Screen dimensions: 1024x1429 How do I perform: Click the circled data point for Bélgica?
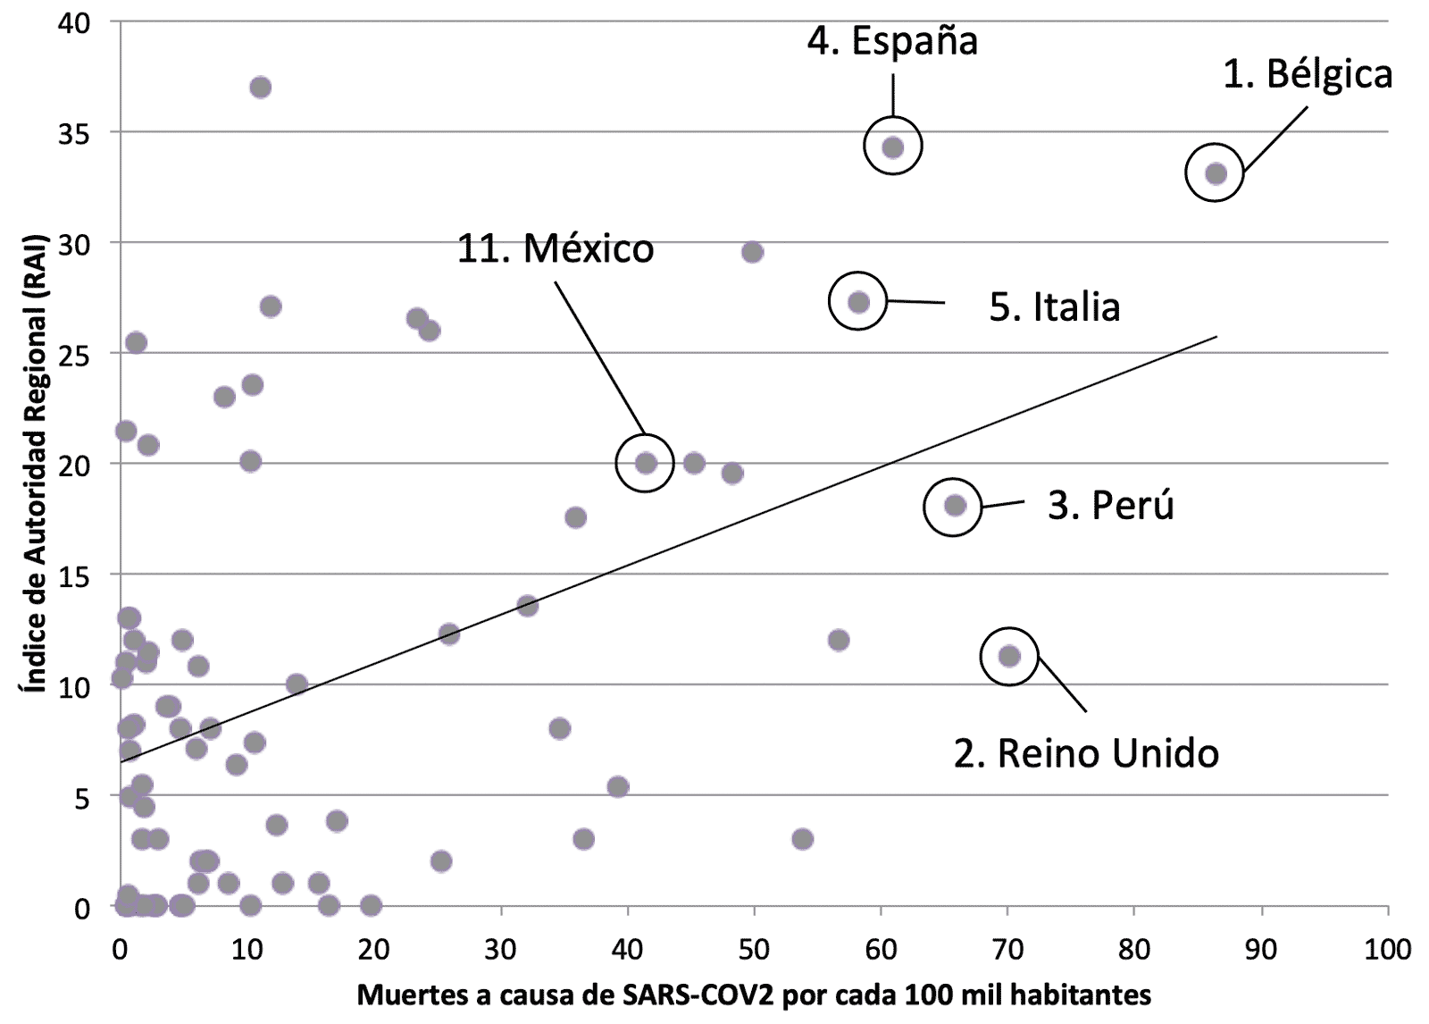tap(1216, 173)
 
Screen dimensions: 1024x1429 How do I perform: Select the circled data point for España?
tap(893, 147)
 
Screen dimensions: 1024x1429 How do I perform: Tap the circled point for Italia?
tap(858, 302)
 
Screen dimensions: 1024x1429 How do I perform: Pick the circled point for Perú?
tap(955, 506)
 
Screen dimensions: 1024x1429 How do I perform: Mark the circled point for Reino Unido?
tap(1009, 656)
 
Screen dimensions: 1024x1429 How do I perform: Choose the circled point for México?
tap(646, 463)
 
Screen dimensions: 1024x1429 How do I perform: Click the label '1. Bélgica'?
tap(1307, 75)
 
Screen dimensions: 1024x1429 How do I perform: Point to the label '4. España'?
tap(892, 41)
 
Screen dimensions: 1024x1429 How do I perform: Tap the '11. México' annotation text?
tap(556, 248)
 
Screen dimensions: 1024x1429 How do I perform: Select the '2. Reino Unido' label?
tap(1086, 753)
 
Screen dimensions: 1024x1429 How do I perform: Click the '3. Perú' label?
tap(1110, 506)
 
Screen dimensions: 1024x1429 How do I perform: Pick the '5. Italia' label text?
tap(1054, 307)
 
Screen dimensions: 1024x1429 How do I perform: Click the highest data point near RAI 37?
tap(261, 88)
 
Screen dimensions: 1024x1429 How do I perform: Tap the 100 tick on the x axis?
tap(1388, 949)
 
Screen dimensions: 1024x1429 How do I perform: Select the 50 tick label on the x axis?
tap(754, 949)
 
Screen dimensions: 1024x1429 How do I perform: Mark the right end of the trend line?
tap(1216, 337)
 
